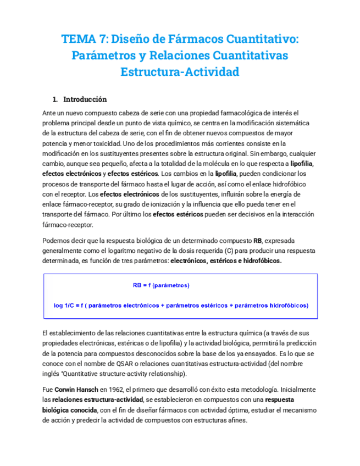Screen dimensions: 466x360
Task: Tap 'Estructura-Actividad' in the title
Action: click(x=180, y=72)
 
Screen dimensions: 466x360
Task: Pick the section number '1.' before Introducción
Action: click(x=55, y=99)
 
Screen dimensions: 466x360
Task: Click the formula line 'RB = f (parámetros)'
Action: click(x=161, y=286)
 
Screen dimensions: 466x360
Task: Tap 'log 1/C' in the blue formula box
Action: click(x=65, y=305)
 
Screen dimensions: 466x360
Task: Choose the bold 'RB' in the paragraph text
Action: click(x=258, y=241)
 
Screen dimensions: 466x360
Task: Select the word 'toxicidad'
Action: click(x=98, y=143)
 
